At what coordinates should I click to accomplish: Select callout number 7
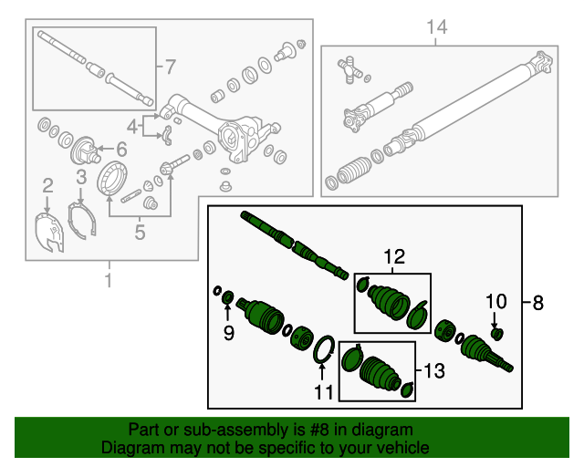click(x=170, y=67)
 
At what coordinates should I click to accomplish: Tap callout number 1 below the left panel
click(x=109, y=280)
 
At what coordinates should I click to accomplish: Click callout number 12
click(x=393, y=258)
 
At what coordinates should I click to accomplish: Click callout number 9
click(x=228, y=334)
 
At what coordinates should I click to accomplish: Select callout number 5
click(x=140, y=233)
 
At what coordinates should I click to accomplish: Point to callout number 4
click(x=133, y=126)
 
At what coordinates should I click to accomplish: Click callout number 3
click(x=80, y=176)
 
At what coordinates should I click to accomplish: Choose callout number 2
click(x=47, y=187)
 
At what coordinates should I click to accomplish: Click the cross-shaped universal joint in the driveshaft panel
click(x=347, y=67)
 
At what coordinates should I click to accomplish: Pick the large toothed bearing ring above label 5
click(x=113, y=177)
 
